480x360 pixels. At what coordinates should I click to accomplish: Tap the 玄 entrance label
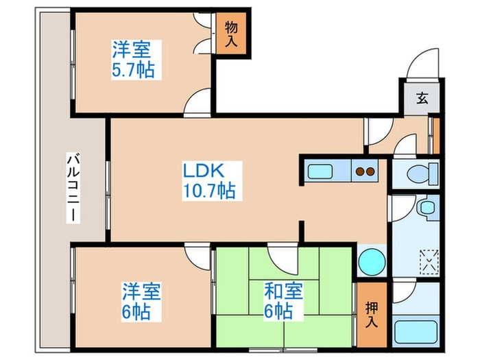pos(420,98)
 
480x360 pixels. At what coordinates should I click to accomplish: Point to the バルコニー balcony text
pos(71,187)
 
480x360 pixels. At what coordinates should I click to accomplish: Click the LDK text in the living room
pos(203,170)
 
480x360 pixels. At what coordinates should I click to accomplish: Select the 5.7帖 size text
pos(134,69)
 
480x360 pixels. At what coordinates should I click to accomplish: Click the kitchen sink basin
pos(320,171)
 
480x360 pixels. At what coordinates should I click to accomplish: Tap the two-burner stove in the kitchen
pos(365,171)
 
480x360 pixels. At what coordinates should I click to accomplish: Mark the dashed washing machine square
pos(429,259)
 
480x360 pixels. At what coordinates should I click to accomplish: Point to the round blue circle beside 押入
pos(371,263)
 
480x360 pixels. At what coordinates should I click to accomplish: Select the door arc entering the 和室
pos(282,257)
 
